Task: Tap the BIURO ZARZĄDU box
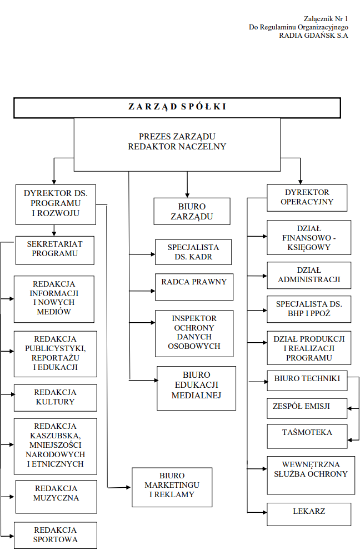coord(192,212)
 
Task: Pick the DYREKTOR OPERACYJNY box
coord(307,197)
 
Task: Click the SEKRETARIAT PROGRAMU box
coord(53,249)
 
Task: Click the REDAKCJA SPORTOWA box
coord(56,535)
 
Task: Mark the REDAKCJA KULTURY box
coord(56,397)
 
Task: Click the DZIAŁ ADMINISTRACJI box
coord(309,275)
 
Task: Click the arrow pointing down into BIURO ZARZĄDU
coord(187,192)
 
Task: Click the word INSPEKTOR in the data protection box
coord(194,318)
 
